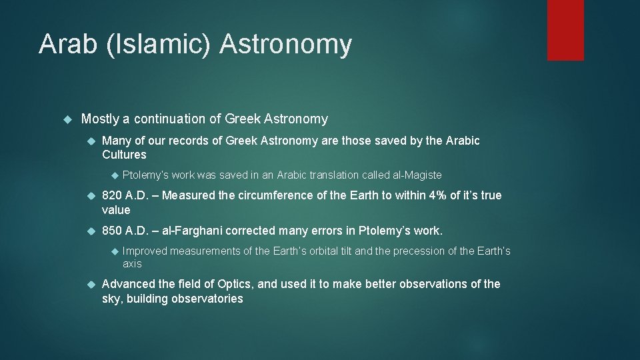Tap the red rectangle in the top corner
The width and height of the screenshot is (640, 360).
[565, 30]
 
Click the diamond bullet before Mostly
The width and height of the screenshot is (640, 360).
[66, 119]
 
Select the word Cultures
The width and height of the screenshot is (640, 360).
[124, 155]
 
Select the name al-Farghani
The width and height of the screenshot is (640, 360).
[195, 231]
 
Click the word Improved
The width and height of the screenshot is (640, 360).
[145, 251]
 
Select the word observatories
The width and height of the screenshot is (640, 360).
[207, 299]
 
